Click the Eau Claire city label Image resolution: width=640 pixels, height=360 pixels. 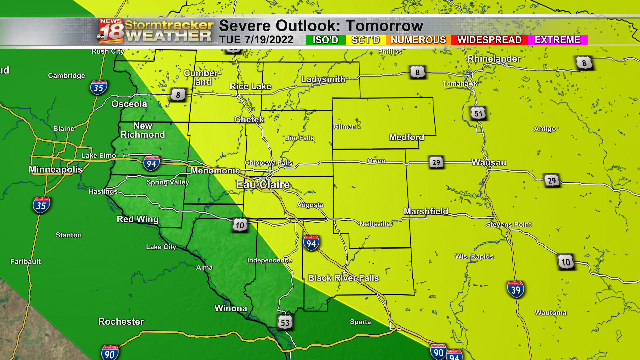click(x=263, y=184)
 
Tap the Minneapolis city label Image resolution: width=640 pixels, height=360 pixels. click(x=56, y=169)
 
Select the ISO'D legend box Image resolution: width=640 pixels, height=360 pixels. click(x=325, y=40)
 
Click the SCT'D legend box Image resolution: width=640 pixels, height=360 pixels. click(x=365, y=40)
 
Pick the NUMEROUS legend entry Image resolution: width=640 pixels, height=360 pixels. click(x=418, y=40)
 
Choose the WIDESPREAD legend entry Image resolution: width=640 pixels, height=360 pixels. click(x=489, y=40)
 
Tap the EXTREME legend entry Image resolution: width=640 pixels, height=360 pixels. click(x=557, y=40)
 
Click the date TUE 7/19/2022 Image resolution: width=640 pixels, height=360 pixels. click(x=256, y=40)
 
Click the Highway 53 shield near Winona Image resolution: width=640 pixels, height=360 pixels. click(x=285, y=322)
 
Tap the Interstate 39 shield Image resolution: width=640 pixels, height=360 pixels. click(x=515, y=290)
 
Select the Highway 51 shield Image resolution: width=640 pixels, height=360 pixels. click(x=478, y=114)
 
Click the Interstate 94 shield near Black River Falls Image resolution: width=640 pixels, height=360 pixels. click(x=311, y=243)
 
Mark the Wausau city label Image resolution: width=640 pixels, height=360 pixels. click(x=489, y=163)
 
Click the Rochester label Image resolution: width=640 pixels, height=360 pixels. click(x=121, y=322)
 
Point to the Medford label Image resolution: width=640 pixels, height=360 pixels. click(x=406, y=137)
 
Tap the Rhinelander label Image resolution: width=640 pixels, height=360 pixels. click(x=494, y=59)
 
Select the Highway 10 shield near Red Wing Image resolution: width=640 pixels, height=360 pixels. click(x=240, y=225)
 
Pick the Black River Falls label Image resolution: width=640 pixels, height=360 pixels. click(x=343, y=278)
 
